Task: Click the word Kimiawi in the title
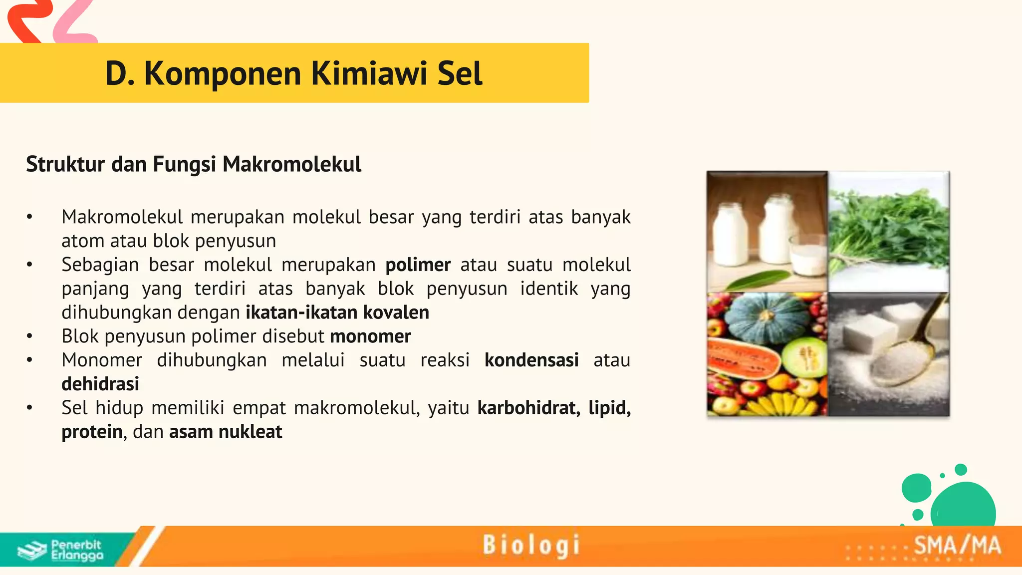369,74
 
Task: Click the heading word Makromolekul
292,164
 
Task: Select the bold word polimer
418,265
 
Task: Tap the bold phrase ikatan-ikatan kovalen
337,312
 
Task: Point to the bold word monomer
370,336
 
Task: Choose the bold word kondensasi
531,360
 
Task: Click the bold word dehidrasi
100,384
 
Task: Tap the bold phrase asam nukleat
226,432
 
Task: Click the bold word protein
92,432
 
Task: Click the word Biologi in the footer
531,545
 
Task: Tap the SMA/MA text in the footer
957,546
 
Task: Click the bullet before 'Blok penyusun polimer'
30,336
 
